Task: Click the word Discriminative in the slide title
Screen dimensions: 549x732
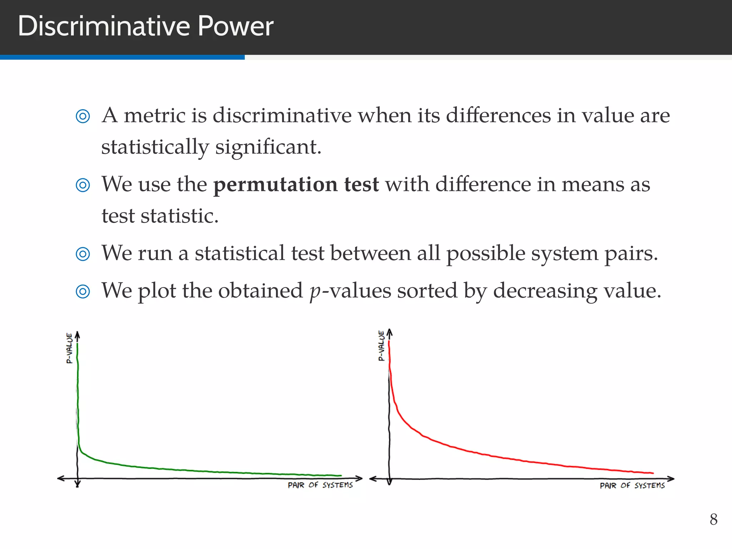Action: pyautogui.click(x=104, y=26)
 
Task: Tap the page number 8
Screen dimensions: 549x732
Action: pyautogui.click(x=713, y=519)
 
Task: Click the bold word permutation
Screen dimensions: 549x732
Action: pyautogui.click(x=275, y=185)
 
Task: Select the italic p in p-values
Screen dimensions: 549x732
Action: pyautogui.click(x=315, y=292)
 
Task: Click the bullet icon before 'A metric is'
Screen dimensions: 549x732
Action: pyautogui.click(x=83, y=116)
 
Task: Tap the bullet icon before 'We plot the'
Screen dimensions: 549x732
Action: pyautogui.click(x=83, y=291)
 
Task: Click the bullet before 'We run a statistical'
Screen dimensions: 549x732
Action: pyautogui.click(x=83, y=254)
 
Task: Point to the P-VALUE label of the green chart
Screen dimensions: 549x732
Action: pyautogui.click(x=69, y=348)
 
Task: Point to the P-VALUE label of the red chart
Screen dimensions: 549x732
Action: pyautogui.click(x=381, y=346)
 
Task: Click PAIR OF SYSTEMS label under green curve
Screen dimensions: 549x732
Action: pyautogui.click(x=320, y=485)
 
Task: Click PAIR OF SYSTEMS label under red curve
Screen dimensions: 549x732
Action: pyautogui.click(x=632, y=485)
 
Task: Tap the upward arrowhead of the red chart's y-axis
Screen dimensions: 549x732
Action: pyautogui.click(x=390, y=332)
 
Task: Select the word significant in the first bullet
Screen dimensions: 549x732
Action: pyautogui.click(x=268, y=147)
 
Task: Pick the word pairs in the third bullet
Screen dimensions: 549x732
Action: pyautogui.click(x=630, y=254)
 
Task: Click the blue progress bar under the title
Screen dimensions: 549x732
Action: pyautogui.click(x=122, y=57)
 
